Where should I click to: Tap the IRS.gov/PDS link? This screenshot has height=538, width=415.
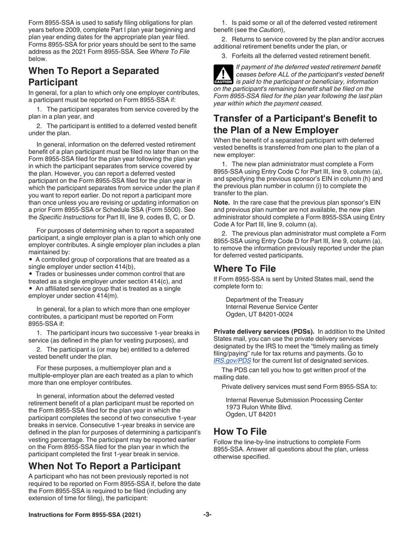232,361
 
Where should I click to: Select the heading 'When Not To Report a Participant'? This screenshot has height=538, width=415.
104,466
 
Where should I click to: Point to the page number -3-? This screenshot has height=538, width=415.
207,515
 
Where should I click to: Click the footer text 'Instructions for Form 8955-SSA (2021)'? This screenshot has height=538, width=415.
85,515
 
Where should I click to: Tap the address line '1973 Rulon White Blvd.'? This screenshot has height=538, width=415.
259,407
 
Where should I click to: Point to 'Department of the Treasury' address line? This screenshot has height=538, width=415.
264,300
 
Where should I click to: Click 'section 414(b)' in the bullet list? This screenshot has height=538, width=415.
114,267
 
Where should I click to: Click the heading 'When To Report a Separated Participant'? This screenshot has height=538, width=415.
93,76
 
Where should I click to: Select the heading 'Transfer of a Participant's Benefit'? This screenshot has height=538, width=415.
295,124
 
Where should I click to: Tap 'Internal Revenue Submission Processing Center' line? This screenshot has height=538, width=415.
294,400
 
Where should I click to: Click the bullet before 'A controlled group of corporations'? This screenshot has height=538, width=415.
31,259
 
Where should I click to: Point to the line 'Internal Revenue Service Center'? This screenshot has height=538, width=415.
272,307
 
